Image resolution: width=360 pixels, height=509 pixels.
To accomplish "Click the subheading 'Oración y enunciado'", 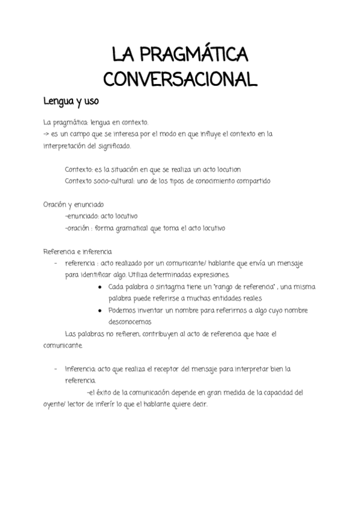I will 73,204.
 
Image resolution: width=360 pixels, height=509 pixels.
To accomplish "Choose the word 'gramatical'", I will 139,227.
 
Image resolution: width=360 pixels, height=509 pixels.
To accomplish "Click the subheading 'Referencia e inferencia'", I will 77,251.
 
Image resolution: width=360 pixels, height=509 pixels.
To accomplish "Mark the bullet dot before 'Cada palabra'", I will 99,286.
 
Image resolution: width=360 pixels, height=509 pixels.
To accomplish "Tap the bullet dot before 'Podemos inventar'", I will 99,310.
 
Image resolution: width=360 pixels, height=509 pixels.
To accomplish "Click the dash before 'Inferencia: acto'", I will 56,369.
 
